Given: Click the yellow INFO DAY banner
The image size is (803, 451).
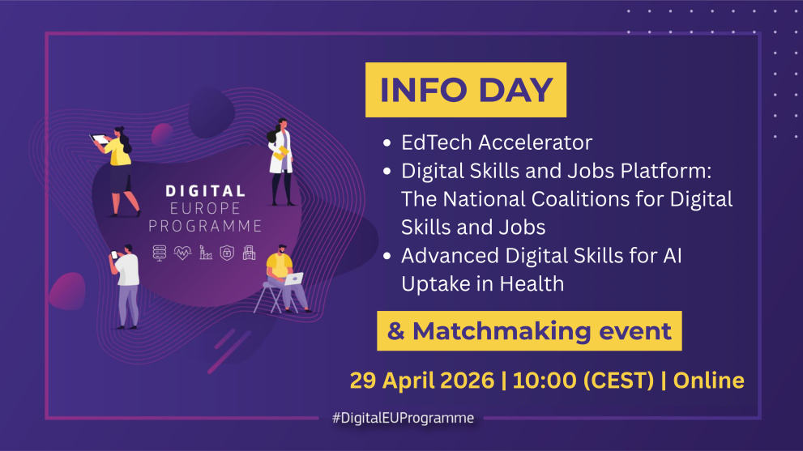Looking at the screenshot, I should (466, 89).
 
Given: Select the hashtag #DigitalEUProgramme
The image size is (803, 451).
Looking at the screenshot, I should (403, 419).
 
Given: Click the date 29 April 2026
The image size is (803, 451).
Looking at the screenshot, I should (421, 380).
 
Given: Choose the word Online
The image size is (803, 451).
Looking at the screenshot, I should (709, 380).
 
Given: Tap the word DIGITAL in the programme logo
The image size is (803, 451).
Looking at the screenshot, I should (205, 191).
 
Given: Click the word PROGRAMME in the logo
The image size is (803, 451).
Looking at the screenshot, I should (205, 226).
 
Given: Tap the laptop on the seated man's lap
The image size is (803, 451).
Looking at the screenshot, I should (294, 278).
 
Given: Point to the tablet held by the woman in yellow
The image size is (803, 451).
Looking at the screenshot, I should (99, 138).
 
